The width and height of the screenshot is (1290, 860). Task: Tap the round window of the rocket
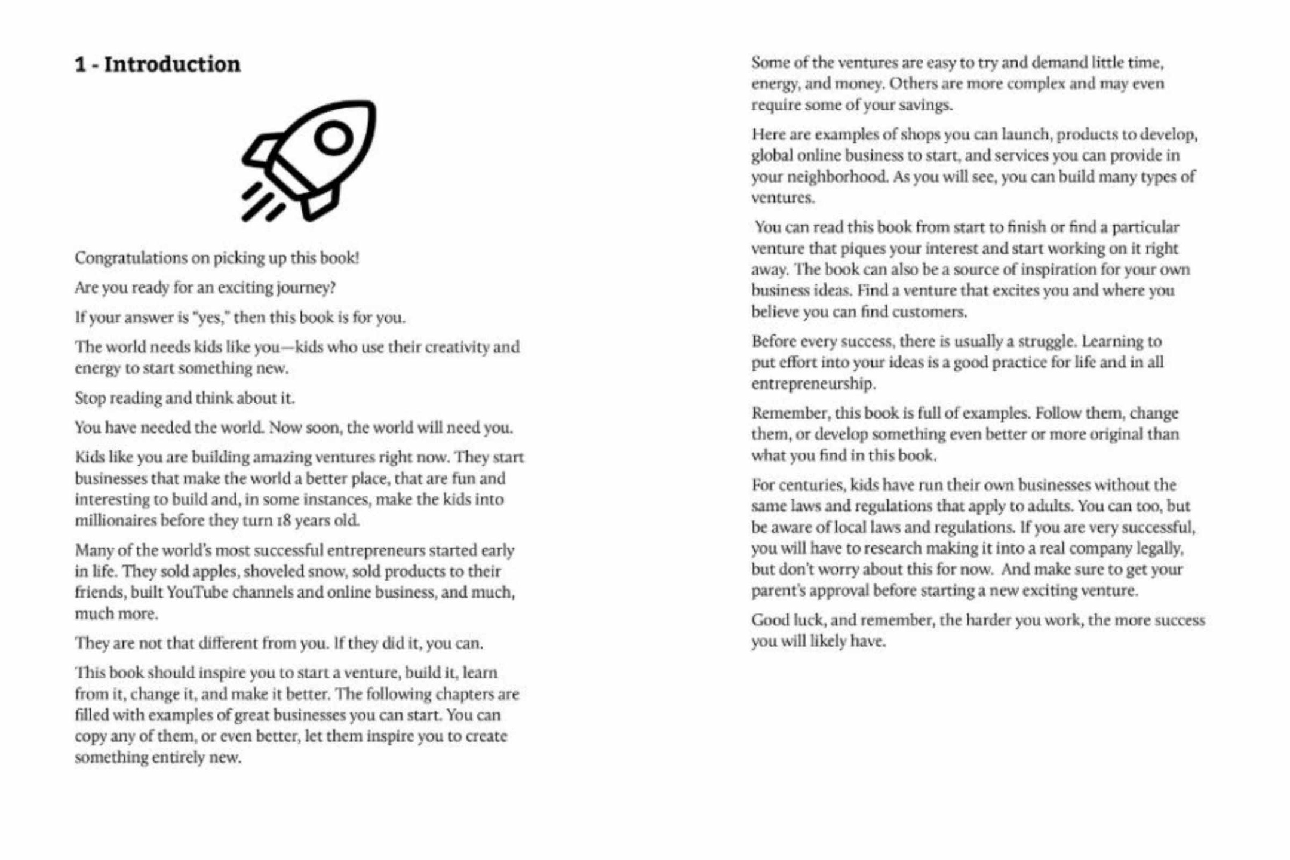point(333,138)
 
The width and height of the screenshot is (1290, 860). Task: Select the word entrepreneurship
point(813,383)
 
